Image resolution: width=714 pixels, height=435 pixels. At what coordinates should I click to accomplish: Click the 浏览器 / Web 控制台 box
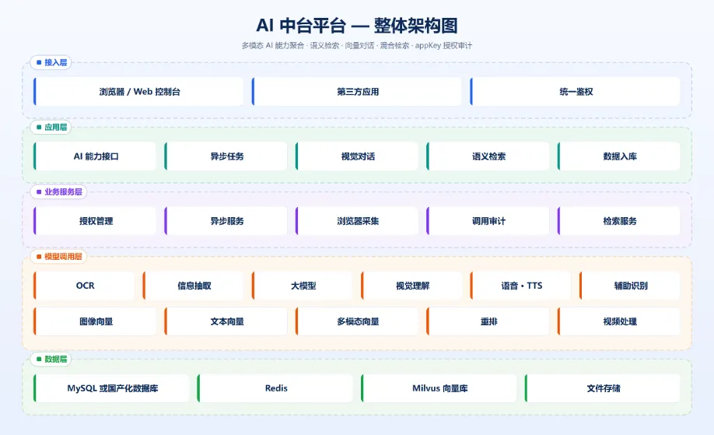(x=138, y=92)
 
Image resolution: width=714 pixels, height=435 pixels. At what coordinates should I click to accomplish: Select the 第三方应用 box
(x=357, y=92)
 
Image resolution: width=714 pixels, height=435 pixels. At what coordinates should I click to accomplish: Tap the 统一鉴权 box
(x=575, y=92)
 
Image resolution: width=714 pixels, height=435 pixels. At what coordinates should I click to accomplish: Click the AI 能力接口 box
(x=95, y=156)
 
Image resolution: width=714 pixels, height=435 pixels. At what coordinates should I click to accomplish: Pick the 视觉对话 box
(x=357, y=156)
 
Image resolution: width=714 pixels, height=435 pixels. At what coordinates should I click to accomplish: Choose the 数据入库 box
(x=619, y=156)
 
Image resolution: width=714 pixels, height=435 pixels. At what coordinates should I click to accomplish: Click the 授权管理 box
(x=95, y=221)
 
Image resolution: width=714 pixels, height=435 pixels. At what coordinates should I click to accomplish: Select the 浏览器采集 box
(x=357, y=221)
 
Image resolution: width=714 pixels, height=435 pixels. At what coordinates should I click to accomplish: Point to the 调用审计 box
(x=488, y=221)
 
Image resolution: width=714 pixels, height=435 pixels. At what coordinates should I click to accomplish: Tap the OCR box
(x=84, y=286)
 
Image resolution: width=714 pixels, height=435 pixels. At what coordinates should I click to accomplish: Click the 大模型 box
(x=303, y=286)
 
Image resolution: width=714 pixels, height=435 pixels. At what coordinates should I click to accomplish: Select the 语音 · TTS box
(x=520, y=286)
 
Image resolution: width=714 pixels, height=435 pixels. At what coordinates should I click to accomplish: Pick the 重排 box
(x=488, y=321)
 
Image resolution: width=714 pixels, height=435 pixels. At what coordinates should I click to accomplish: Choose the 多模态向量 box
(x=357, y=321)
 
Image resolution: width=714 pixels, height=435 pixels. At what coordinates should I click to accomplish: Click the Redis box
(x=275, y=388)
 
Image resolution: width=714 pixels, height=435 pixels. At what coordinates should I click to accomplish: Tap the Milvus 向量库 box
(x=439, y=388)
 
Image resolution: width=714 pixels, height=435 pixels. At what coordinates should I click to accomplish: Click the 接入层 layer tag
(x=51, y=62)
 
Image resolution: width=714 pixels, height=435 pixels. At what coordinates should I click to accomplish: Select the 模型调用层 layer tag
(x=59, y=257)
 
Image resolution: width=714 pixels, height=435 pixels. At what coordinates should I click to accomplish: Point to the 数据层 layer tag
(x=51, y=359)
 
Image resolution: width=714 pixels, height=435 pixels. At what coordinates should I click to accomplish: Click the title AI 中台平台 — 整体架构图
(x=357, y=26)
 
